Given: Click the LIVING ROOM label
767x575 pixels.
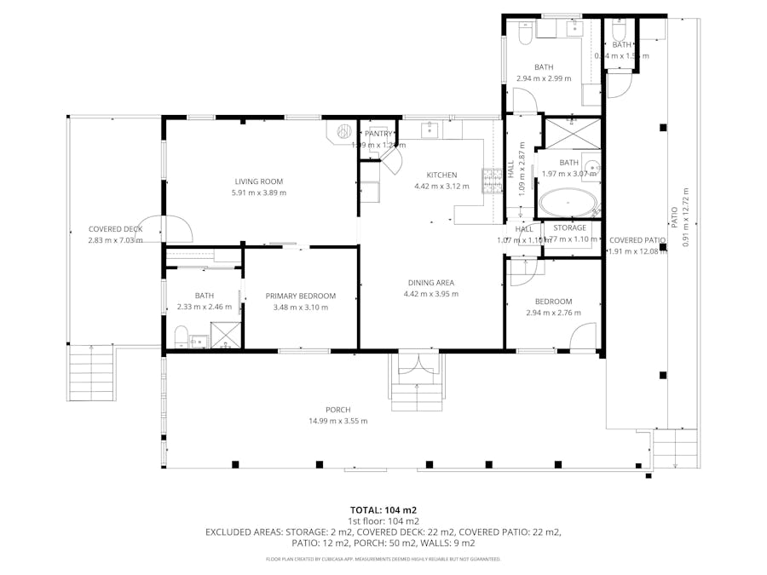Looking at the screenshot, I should (258, 181).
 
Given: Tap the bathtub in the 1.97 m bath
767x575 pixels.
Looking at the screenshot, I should (567, 204).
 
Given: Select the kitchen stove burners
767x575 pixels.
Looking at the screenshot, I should (492, 181).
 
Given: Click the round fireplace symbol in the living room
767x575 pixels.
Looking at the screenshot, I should (344, 132).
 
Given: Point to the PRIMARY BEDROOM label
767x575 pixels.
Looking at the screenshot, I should (300, 296).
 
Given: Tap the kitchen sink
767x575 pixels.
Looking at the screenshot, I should (429, 129).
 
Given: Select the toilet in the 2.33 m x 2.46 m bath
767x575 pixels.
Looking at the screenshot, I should (182, 337).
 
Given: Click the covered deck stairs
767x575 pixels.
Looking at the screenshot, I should (90, 372).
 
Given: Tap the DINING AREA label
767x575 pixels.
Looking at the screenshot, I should (430, 283).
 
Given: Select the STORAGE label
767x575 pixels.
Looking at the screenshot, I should (569, 228).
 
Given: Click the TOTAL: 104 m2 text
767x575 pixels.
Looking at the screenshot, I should (383, 510).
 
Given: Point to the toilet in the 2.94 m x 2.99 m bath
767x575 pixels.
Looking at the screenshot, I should (525, 33).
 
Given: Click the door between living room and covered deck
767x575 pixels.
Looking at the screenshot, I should (176, 228).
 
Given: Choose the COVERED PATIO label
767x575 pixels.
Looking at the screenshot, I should (637, 240).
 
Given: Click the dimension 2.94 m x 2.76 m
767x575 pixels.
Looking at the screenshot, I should (553, 313).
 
